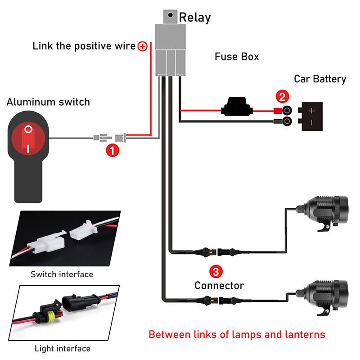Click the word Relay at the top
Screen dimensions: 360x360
pyautogui.click(x=195, y=18)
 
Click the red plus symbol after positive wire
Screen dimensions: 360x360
pyautogui.click(x=143, y=46)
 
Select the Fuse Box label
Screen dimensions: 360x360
pyautogui.click(x=237, y=57)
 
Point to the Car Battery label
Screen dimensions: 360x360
pyautogui.click(x=320, y=79)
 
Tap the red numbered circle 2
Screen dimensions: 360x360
pyautogui.click(x=282, y=96)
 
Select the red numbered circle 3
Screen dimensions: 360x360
pyautogui.click(x=216, y=271)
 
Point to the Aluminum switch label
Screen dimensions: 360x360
pyautogui.click(x=48, y=102)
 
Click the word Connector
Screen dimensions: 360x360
pyautogui.click(x=219, y=285)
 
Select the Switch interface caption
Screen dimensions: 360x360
pyautogui.click(x=62, y=274)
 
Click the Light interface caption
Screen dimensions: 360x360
pyautogui.click(x=63, y=348)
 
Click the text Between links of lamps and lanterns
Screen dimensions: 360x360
pyautogui.click(x=237, y=334)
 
